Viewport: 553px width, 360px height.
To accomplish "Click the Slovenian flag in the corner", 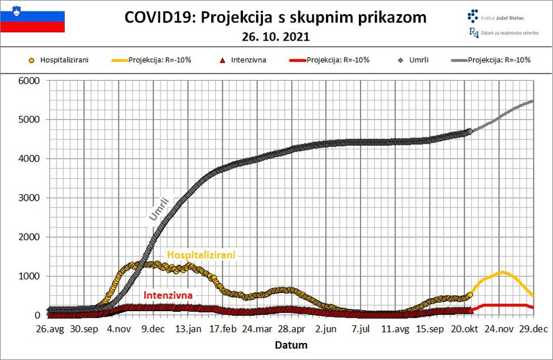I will point(32,21).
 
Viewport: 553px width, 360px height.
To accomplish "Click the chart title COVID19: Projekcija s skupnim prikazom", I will point(275,17).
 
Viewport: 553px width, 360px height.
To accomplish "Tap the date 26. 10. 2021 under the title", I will point(275,36).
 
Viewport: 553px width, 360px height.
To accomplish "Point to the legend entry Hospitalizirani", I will point(64,59).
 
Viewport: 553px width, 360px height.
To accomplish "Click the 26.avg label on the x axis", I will point(49,329).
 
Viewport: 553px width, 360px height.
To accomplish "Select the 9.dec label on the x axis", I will point(152,329).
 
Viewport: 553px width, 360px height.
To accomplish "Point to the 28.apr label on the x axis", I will point(290,329).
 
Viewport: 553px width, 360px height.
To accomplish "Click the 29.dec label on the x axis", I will point(532,329).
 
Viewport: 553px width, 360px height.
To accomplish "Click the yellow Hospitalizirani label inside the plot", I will point(201,255).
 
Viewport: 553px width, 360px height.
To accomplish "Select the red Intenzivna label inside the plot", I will point(168,295).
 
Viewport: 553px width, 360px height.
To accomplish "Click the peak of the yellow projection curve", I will point(503,272).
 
